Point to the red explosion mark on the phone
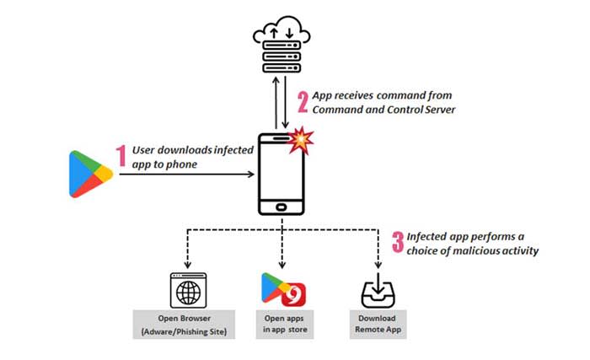point(298,141)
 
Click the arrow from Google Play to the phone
point(185,175)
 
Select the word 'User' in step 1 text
point(146,151)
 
